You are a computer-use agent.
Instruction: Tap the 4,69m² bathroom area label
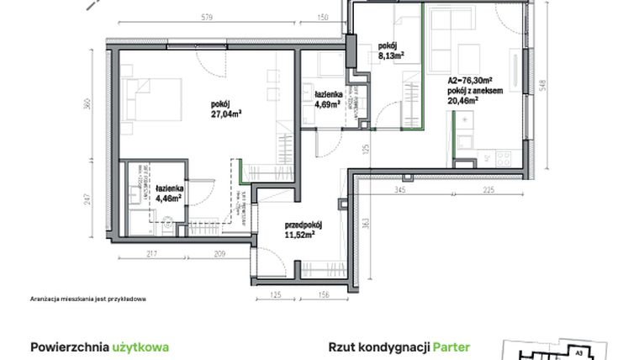326,105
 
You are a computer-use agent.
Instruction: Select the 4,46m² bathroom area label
169,199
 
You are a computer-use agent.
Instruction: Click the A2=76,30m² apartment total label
468,80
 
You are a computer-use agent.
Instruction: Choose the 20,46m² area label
462,98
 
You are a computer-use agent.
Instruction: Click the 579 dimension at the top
198,16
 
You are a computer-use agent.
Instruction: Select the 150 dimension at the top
322,16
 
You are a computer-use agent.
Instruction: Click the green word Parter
452,347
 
